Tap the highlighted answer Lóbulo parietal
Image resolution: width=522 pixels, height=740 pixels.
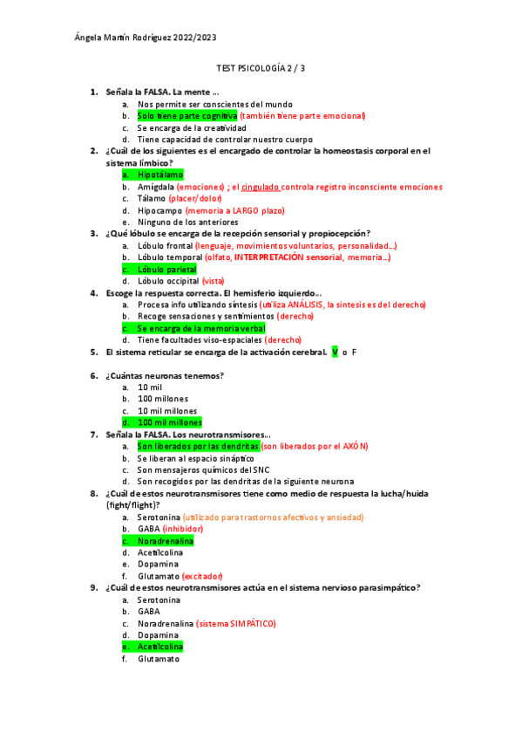[166, 270]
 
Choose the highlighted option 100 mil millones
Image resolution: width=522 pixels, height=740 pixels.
[169, 422]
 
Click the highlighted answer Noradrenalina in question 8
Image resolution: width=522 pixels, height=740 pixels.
[165, 541]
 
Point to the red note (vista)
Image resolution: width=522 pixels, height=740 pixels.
[214, 281]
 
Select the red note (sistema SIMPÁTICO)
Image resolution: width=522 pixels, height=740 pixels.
[236, 624]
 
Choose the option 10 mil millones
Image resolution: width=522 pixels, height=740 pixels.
[166, 411]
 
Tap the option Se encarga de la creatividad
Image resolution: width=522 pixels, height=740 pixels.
[185, 127]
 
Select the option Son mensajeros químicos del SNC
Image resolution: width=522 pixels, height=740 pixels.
[200, 469]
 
